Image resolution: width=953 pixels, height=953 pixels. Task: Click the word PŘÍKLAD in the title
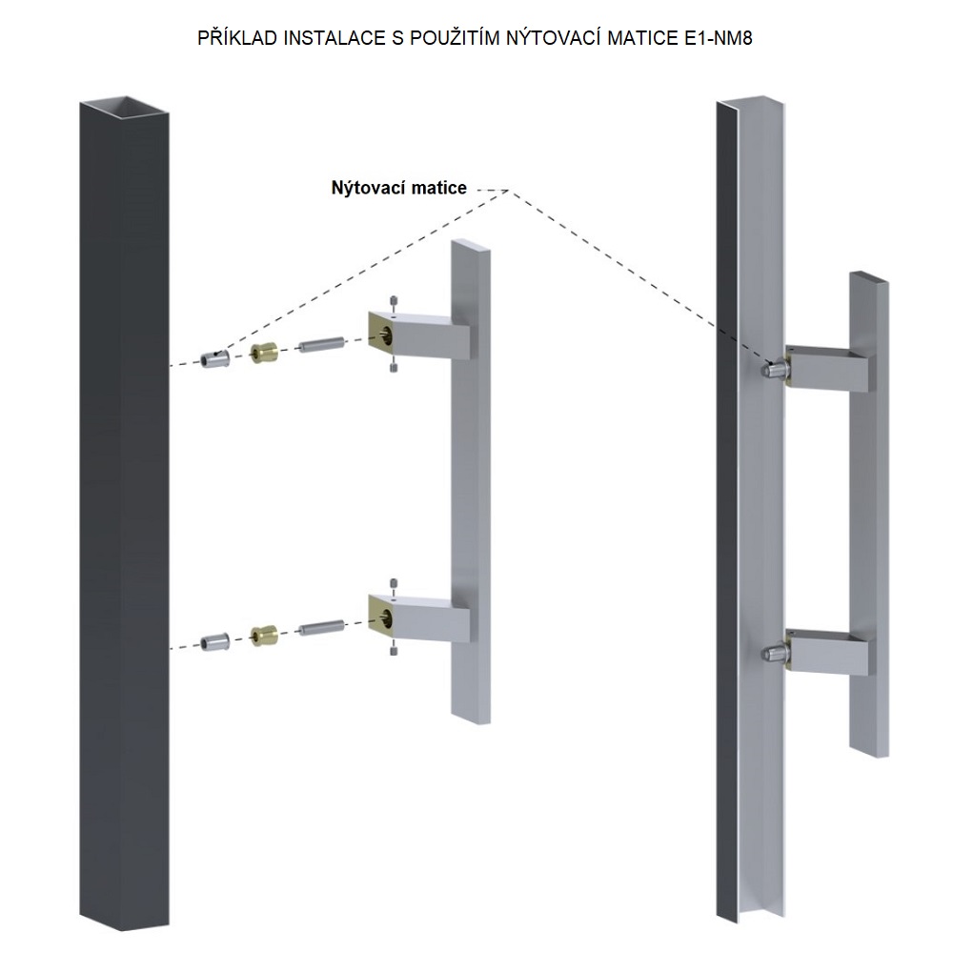click(x=237, y=38)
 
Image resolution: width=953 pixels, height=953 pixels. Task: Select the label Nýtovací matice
click(x=398, y=188)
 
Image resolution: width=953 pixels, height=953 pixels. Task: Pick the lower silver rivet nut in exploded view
click(x=215, y=641)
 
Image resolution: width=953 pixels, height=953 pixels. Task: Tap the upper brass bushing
click(x=264, y=352)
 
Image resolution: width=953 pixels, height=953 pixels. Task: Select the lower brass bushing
click(x=264, y=635)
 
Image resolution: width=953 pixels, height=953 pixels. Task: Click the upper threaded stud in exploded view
click(x=322, y=345)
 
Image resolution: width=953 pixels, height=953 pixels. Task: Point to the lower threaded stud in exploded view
click(x=322, y=627)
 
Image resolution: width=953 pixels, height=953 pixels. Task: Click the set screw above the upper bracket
click(x=394, y=301)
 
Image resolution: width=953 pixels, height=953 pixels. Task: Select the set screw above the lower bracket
click(x=394, y=584)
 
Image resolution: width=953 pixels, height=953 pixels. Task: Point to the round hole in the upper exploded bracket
click(x=385, y=333)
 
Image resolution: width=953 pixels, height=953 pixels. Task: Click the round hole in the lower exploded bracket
click(x=385, y=617)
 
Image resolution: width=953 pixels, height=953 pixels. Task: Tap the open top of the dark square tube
click(x=124, y=106)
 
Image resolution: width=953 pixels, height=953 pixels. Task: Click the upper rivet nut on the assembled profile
click(x=774, y=368)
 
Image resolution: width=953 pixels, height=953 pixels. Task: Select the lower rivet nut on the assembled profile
click(x=774, y=654)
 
